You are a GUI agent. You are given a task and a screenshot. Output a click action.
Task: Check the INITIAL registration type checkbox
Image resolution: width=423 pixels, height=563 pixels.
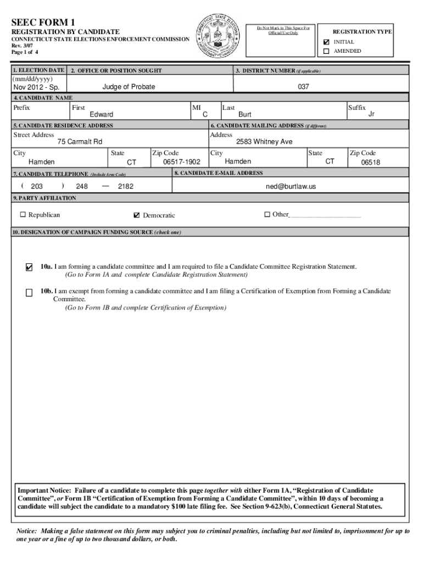pos(326,42)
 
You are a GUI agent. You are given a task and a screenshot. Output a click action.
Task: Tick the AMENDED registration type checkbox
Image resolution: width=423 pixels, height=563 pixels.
pos(326,51)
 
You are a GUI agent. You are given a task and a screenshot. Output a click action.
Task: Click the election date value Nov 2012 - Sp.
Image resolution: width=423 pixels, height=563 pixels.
pos(36,87)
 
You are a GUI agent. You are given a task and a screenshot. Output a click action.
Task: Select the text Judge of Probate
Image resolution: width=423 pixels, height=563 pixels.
pos(129,87)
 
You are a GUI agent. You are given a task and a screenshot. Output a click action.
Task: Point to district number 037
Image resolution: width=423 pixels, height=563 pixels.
pos(304,87)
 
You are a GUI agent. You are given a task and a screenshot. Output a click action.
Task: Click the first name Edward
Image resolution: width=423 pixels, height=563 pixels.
pos(102,114)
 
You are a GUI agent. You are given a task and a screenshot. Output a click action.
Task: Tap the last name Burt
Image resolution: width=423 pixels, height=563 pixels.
pos(244,114)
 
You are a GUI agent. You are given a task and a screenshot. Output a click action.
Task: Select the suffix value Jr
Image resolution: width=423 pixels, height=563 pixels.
pos(371,114)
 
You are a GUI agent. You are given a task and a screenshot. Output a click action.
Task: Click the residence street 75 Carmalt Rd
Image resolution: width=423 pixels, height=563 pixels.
pos(80,142)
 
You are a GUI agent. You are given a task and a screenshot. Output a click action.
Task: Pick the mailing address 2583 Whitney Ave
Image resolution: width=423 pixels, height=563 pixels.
pos(264,142)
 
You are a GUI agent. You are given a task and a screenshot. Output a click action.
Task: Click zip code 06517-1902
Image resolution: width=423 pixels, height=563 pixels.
pos(181,162)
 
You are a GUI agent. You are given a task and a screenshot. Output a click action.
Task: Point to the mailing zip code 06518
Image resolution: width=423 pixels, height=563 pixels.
pos(370,163)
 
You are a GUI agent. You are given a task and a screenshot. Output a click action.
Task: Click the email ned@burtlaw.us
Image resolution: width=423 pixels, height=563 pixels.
pos(291,186)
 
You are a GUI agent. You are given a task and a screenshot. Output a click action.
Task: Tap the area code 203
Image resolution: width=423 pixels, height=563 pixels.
pos(37,186)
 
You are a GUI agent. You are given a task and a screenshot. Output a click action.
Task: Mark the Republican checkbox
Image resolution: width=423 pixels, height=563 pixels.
pos(23,214)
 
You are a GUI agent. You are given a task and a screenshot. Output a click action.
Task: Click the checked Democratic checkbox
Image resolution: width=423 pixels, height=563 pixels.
pos(137,215)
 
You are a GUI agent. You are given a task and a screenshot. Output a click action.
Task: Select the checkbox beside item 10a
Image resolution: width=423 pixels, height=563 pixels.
pos(29,268)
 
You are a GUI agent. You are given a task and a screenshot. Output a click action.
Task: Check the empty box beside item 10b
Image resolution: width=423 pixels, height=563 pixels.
pos(29,292)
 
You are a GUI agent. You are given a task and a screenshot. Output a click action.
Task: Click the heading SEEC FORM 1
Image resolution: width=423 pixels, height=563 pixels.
pos(43,22)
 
